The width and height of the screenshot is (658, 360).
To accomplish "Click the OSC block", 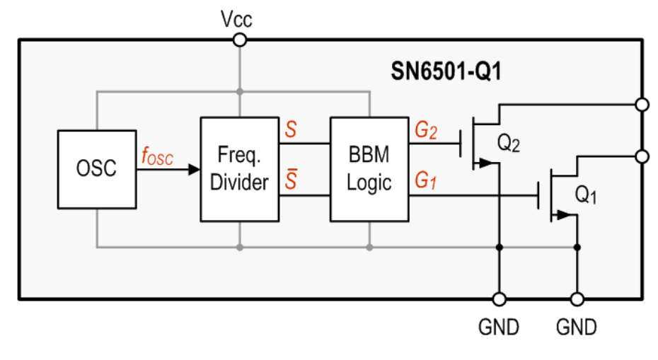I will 96,169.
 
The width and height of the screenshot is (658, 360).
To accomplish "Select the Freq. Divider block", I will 240,169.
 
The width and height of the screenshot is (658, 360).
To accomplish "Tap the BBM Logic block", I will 369,169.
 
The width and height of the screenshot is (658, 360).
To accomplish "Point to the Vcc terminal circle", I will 240,40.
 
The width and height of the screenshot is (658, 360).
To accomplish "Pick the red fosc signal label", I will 156,158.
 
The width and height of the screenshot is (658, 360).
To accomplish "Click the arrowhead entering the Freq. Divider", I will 194,170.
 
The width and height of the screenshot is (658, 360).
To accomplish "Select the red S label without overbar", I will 290,130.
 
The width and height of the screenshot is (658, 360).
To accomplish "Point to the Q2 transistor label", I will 509,144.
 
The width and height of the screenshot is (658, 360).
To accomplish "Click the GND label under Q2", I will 499,327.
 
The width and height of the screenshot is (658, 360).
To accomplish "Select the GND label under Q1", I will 577,327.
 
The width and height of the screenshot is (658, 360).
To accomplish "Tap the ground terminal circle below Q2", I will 500,299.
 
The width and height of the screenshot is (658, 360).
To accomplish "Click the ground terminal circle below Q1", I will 577,299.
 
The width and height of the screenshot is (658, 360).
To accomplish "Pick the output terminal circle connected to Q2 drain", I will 642,105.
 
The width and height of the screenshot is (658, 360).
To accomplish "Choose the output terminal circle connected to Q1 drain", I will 642,156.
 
